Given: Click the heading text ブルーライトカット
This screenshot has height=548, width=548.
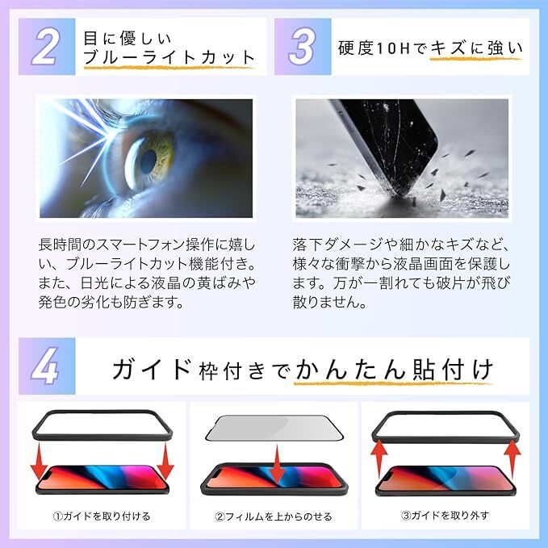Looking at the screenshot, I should (169, 57).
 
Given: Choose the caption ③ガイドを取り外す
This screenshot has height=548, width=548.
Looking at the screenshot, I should (445, 515).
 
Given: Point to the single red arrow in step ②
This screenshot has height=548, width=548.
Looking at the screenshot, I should (275, 464).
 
